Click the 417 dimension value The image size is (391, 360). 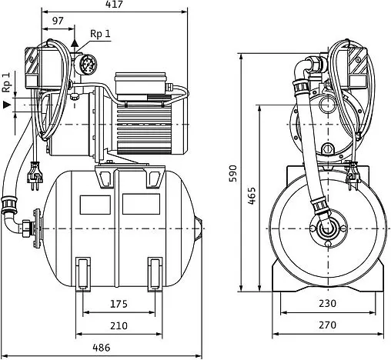click(x=115, y=5)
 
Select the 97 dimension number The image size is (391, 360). click(x=58, y=21)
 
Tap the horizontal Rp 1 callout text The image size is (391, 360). click(x=100, y=34)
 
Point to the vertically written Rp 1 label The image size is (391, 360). click(x=6, y=82)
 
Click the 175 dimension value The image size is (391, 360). click(x=119, y=304)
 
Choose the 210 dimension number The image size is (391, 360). click(x=119, y=325)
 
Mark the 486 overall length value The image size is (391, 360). click(x=102, y=348)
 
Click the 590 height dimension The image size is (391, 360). click(x=232, y=174)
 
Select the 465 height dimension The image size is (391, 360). click(x=252, y=195)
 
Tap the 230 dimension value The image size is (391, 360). click(x=328, y=303)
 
